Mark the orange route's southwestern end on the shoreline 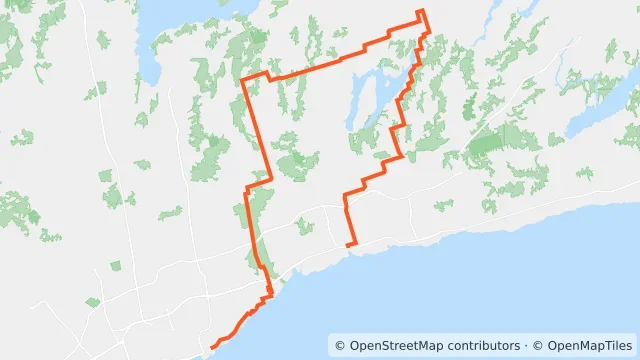(x=212, y=348)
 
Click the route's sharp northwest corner (x=243, y=80)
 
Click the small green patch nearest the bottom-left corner (x=93, y=302)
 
